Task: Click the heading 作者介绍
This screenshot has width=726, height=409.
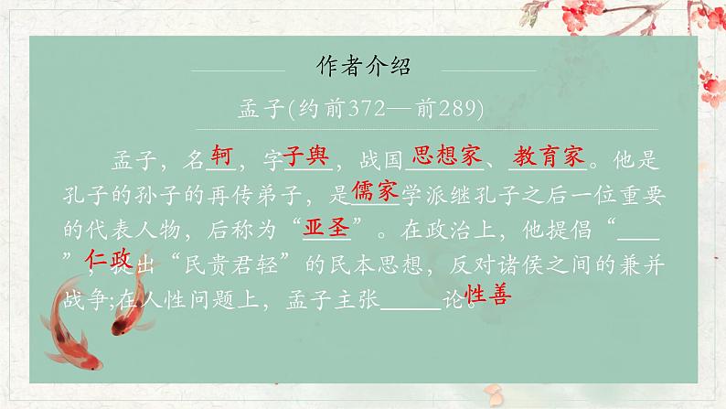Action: point(363,67)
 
